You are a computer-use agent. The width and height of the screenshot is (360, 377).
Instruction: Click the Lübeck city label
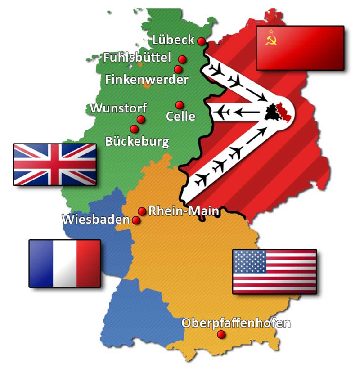tap(173, 40)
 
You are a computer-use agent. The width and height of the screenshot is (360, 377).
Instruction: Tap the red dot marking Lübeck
tap(201, 41)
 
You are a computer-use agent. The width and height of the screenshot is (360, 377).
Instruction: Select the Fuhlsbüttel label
tap(137, 58)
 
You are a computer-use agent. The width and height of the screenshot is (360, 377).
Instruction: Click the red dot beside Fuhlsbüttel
tap(182, 59)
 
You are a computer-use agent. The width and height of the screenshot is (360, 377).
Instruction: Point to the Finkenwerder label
tap(147, 80)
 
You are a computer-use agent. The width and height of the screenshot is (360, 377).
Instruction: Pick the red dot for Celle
tap(180, 105)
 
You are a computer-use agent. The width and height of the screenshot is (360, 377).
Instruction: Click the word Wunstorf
tap(118, 108)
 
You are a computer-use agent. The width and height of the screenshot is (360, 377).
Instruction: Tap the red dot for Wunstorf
tap(141, 119)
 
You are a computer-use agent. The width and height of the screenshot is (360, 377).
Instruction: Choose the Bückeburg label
tap(137, 141)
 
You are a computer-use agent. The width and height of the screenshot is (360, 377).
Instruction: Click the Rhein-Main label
tap(184, 211)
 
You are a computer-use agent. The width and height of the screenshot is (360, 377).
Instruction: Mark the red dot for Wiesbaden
tap(136, 220)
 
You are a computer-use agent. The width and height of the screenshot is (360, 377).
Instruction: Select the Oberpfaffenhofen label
tap(236, 323)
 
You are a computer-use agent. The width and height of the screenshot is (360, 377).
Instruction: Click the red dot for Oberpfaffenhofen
tap(221, 334)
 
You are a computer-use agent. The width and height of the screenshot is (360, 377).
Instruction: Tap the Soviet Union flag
tap(300, 48)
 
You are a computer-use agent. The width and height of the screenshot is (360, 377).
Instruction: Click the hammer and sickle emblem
tap(271, 40)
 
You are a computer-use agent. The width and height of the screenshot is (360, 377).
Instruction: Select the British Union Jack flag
tap(55, 164)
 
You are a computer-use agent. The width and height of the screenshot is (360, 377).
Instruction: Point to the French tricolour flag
tap(65, 264)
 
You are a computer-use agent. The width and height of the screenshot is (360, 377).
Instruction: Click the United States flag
tap(274, 271)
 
